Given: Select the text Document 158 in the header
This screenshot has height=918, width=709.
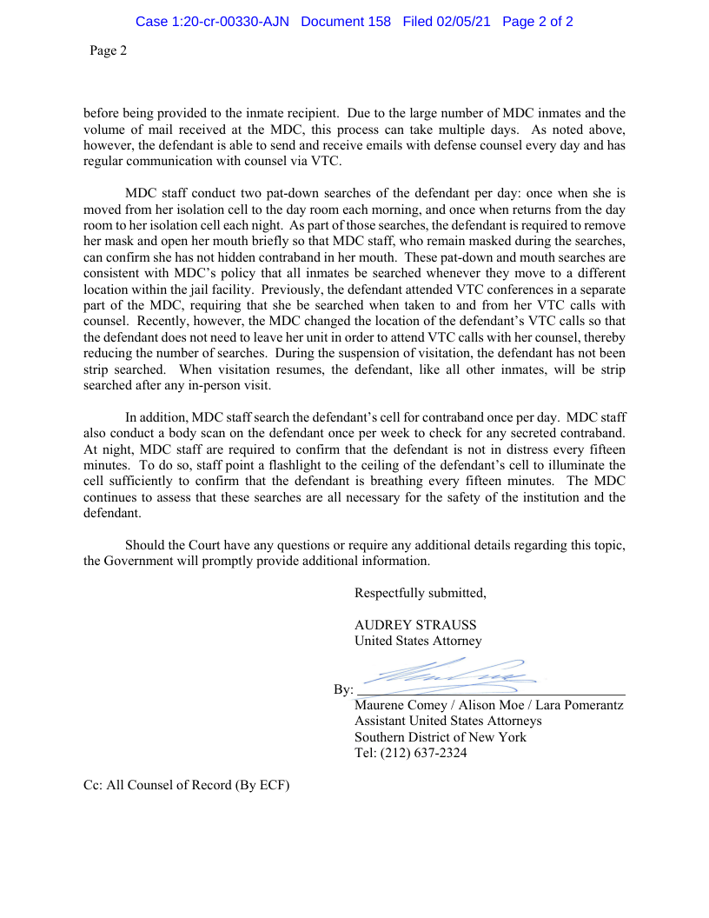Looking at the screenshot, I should coord(346,22).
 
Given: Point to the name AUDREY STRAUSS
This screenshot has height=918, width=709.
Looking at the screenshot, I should coord(415,625).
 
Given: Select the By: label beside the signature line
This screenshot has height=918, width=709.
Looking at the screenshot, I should coord(342,689).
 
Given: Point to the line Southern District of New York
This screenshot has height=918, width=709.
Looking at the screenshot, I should coord(440,737).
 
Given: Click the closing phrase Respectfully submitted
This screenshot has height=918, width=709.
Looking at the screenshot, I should coord(420,593).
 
